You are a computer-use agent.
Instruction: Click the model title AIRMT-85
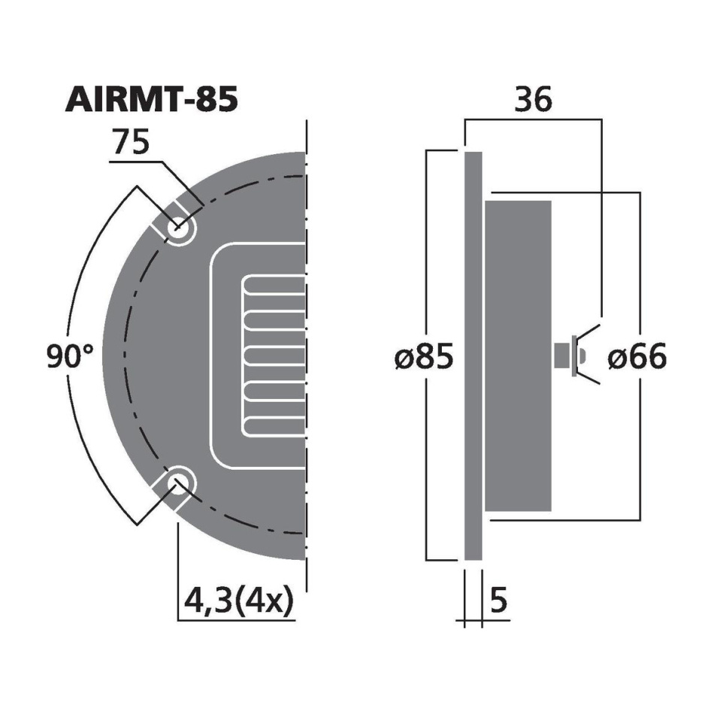(152, 100)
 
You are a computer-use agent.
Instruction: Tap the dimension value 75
(132, 144)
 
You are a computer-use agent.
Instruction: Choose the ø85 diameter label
(424, 359)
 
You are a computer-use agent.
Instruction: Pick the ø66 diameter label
(636, 359)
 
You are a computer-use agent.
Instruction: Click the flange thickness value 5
(498, 601)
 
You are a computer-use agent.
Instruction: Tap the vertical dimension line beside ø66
(640, 451)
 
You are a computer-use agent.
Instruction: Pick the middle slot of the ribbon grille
(274, 356)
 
